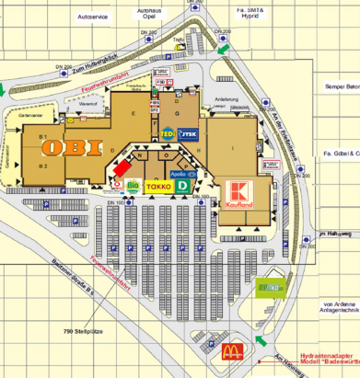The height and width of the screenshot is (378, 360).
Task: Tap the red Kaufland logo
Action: pos(238,196)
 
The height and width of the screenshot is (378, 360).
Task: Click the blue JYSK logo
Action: pos(190,134)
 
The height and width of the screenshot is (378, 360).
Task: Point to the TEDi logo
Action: pos(168,134)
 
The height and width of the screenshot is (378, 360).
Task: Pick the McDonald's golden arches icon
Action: pos(233,349)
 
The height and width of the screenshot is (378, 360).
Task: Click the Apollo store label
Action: pos(180,172)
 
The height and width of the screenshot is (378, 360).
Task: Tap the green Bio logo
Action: pos(133,186)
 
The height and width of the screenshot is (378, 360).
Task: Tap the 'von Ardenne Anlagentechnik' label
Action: pos(340,307)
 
